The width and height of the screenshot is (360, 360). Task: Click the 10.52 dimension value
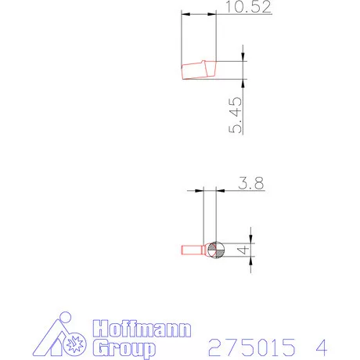pos(248,6)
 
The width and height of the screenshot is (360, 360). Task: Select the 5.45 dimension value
pos(236,115)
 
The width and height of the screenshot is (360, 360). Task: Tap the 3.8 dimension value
pos(251,183)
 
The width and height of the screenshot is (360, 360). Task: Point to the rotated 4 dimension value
pos(243,250)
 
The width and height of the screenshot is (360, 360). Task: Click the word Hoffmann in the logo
pos(142,329)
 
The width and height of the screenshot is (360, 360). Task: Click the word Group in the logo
pos(124,348)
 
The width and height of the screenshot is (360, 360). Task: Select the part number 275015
pos(252,347)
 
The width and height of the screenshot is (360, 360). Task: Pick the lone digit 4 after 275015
pos(322,347)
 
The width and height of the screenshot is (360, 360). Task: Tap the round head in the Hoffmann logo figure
pos(65,318)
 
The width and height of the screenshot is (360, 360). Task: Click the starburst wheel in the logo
pos(75,344)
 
